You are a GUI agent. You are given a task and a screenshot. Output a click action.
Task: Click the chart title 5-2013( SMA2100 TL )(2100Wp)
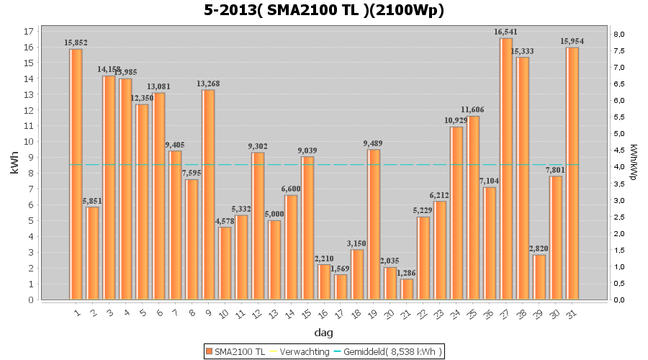point(323,10)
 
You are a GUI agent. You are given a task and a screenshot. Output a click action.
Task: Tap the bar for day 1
point(76,174)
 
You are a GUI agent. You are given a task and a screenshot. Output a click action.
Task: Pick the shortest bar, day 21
point(407,289)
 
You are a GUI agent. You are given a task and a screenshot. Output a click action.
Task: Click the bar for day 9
point(208,194)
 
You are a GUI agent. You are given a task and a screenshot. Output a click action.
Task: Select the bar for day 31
point(572,173)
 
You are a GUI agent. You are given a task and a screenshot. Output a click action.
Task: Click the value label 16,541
point(506,32)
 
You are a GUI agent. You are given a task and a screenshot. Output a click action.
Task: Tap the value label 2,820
point(539,248)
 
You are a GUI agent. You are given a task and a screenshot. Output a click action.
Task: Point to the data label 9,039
point(307,150)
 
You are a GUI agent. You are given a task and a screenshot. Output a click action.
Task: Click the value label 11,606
point(473,109)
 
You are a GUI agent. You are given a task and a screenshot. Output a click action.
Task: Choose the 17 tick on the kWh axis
point(28,32)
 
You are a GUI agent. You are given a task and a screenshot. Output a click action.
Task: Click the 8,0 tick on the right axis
point(619,35)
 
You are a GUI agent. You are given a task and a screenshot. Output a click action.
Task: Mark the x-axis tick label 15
point(307,314)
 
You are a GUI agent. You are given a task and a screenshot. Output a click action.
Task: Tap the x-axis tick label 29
point(539,314)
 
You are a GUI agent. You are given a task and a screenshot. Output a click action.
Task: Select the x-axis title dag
point(323,333)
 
